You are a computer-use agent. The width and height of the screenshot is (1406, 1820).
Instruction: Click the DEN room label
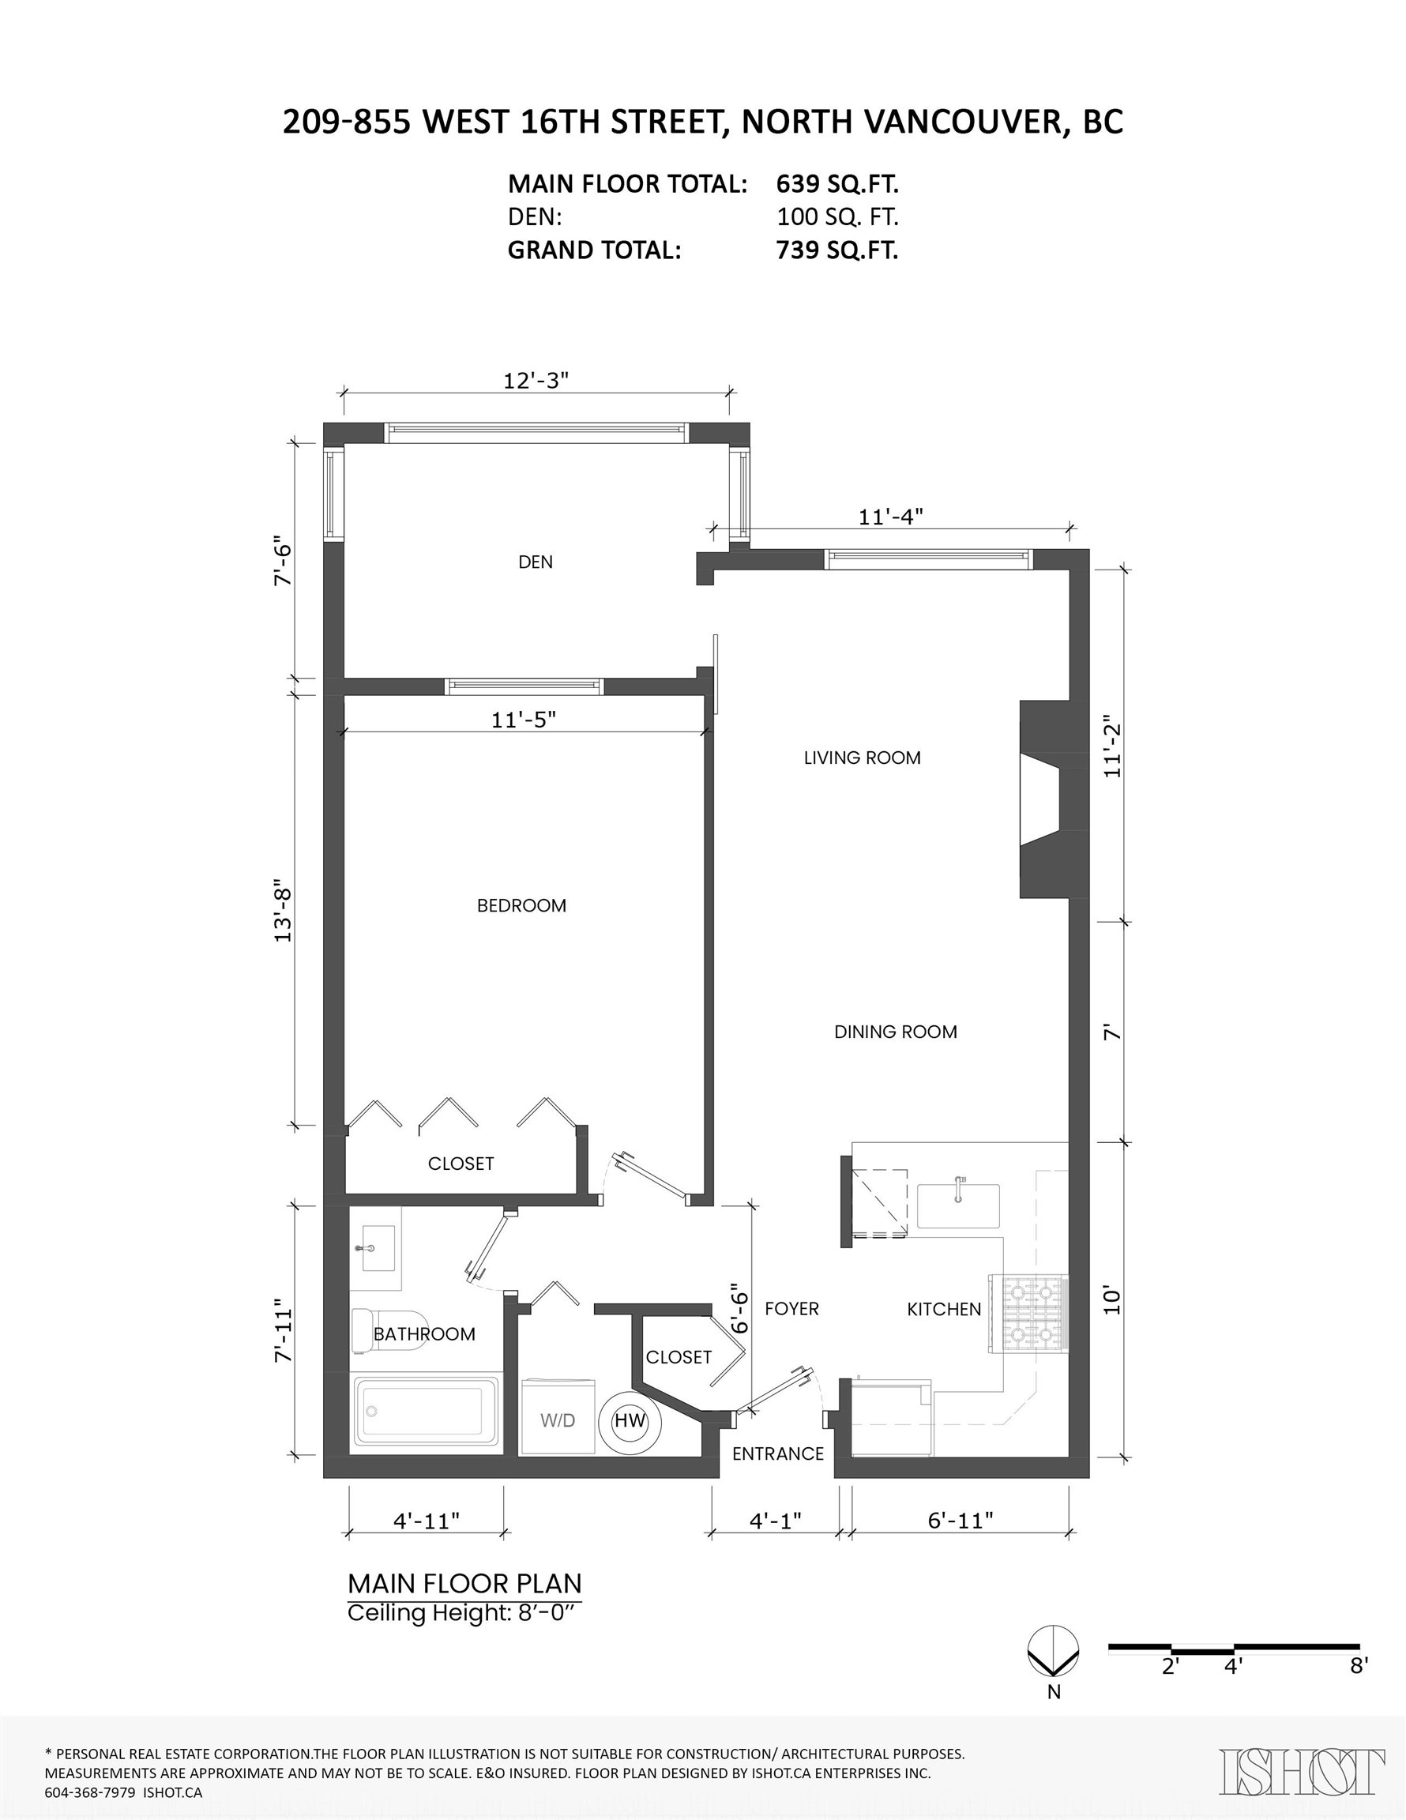tap(535, 562)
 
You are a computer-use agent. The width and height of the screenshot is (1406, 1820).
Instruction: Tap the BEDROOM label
tap(522, 905)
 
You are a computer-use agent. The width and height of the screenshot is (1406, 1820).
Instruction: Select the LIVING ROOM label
tap(862, 758)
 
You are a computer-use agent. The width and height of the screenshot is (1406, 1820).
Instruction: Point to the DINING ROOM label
tap(896, 1032)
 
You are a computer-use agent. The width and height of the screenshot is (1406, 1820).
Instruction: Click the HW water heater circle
tap(630, 1421)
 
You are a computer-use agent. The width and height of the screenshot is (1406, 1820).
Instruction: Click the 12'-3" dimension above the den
tap(536, 380)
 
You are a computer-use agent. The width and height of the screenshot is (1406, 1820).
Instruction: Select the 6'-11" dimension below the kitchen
tap(961, 1519)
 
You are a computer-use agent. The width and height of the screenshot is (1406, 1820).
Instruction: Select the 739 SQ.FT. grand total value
tap(837, 250)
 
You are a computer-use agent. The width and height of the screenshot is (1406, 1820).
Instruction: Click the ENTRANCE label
tap(778, 1453)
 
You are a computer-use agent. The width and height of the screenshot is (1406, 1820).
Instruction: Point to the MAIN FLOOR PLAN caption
tap(464, 1583)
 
